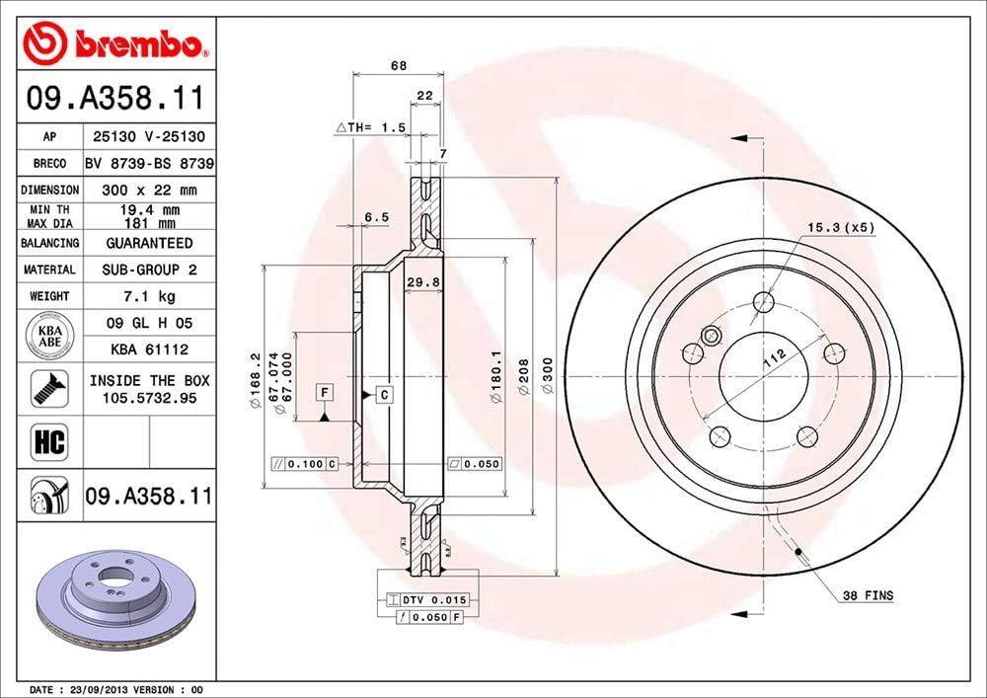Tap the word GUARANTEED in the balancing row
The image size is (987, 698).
[148, 243]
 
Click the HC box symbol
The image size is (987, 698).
[49, 441]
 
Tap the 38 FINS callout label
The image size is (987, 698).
[868, 594]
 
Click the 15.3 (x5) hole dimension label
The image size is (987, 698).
[841, 227]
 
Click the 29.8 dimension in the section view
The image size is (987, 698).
[422, 282]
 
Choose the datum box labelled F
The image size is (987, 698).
[323, 393]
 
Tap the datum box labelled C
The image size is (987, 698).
[384, 395]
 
